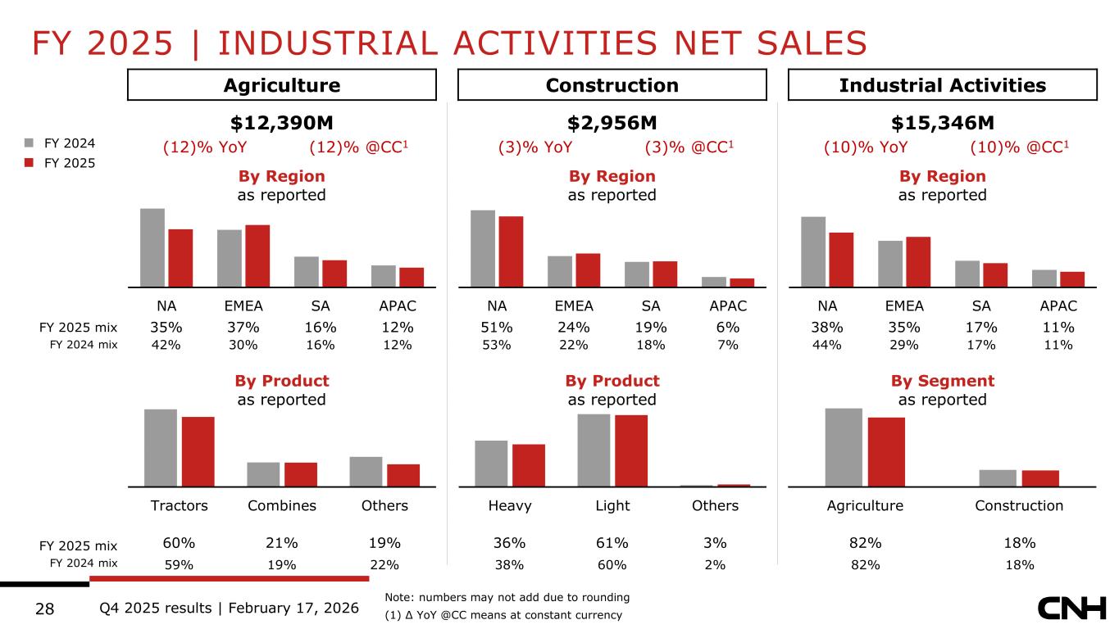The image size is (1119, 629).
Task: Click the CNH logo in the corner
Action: pos(1071,609)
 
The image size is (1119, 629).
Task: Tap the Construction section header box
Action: pos(612,85)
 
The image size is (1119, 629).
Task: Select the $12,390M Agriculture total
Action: pos(281,123)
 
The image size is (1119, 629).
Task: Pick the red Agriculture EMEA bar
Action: pos(257,256)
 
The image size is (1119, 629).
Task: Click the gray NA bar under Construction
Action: pos(483,248)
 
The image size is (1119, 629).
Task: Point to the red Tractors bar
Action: pos(198,451)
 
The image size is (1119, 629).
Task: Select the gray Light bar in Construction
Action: pos(594,450)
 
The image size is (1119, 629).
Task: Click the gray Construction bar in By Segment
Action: pos(997,477)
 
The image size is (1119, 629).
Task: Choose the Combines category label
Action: pos(282,505)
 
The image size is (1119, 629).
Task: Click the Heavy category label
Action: pos(510,505)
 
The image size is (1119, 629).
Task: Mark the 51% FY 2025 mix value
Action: pos(497,328)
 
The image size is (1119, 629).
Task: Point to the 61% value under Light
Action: pos(612,543)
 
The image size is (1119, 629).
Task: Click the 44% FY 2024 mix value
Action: pos(827,345)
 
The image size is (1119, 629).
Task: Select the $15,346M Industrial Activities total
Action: pos(942,123)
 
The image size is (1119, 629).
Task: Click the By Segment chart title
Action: pos(942,381)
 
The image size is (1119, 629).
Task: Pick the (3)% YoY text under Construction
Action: pos(534,148)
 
